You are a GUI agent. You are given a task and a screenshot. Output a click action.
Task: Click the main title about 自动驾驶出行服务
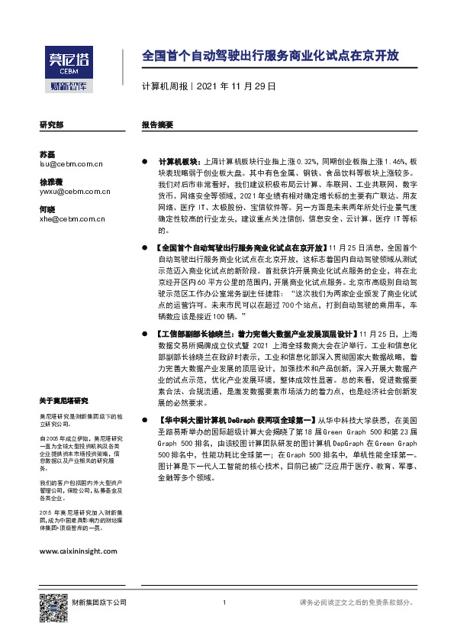click(x=271, y=57)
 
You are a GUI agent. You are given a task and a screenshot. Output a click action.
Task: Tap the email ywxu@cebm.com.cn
click(x=74, y=192)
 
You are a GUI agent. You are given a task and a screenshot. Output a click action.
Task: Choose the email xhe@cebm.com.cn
click(x=72, y=219)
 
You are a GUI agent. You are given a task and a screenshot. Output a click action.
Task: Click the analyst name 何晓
click(x=47, y=209)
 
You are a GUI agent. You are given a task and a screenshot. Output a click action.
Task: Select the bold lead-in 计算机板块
click(x=176, y=162)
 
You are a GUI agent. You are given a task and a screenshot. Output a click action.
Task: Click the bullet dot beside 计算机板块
click(x=145, y=163)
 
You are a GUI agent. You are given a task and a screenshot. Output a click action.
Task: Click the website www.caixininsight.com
click(x=77, y=550)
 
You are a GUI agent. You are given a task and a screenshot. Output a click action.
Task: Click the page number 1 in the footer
click(x=225, y=603)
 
